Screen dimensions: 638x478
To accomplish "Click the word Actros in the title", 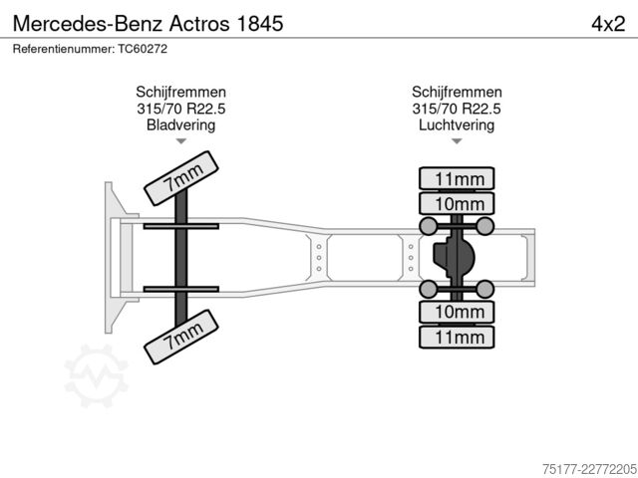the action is pyautogui.click(x=199, y=24).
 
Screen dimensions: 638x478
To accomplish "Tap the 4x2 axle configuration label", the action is pyautogui.click(x=608, y=24).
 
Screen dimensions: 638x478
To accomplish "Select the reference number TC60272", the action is pyautogui.click(x=143, y=49).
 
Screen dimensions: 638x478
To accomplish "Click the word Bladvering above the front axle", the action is pyautogui.click(x=180, y=124).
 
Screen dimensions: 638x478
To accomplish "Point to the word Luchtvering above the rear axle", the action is pyautogui.click(x=457, y=124).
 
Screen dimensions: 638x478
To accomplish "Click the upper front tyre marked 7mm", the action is pyautogui.click(x=181, y=178).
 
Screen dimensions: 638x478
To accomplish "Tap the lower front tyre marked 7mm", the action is pyautogui.click(x=181, y=337).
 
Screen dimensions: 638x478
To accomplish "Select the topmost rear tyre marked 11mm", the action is pyautogui.click(x=457, y=178).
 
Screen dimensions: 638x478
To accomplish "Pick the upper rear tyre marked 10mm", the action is pyautogui.click(x=457, y=203).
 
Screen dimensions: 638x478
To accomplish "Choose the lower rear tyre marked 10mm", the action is pyautogui.click(x=457, y=312).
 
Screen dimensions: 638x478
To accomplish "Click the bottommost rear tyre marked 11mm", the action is pyautogui.click(x=457, y=337).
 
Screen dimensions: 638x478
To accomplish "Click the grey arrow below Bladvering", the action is pyautogui.click(x=181, y=141).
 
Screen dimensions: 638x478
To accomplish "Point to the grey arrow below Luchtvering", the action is pyautogui.click(x=457, y=141).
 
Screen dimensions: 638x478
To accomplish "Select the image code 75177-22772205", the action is pyautogui.click(x=589, y=469).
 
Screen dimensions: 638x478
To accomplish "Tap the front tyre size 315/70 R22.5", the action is pyautogui.click(x=181, y=109).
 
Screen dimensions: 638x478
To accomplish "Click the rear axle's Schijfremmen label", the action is pyautogui.click(x=457, y=92).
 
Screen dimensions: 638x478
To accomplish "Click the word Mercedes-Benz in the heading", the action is pyautogui.click(x=89, y=24).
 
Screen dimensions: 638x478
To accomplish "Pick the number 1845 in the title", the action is pyautogui.click(x=259, y=24).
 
